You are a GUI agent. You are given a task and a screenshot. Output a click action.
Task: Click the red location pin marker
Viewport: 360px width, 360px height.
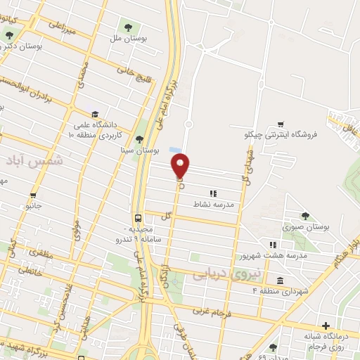coord(181,166)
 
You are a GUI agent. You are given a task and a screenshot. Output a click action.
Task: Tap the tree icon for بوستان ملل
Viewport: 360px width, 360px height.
coord(127,27)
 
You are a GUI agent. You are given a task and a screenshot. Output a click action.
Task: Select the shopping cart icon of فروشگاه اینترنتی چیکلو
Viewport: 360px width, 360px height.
coord(281,124)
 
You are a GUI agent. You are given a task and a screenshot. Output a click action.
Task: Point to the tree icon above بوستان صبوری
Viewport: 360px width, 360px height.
coord(304,216)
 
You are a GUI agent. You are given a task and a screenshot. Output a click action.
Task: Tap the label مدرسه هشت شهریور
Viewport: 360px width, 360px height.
coord(274,257)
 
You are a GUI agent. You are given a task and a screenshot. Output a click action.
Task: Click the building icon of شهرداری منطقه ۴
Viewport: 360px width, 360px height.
coord(281,282)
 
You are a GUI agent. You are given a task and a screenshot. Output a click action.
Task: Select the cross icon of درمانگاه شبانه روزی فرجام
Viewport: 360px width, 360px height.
coord(326,326)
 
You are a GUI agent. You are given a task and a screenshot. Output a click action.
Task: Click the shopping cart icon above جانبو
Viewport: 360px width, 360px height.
coord(33,195)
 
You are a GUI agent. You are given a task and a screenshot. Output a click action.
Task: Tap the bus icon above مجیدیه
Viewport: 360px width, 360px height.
coord(139,217)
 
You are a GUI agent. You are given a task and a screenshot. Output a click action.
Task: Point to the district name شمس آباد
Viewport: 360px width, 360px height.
coord(41,161)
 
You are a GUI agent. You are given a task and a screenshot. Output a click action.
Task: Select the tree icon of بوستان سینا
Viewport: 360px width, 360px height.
coord(139,139)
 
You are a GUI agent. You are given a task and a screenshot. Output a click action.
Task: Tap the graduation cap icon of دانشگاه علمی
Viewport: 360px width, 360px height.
coord(94,114)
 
